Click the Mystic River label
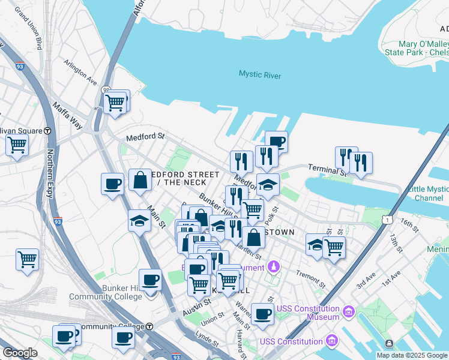point(259,74)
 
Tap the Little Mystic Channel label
point(427,193)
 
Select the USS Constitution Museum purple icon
point(349,312)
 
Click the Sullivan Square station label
point(22,131)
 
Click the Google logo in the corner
point(20,352)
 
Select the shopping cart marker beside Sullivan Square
point(17,145)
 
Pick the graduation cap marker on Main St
point(139,221)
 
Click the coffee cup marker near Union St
point(262,314)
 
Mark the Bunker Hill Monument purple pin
point(274,265)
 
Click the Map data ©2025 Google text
point(412,355)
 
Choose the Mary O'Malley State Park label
point(424,48)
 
